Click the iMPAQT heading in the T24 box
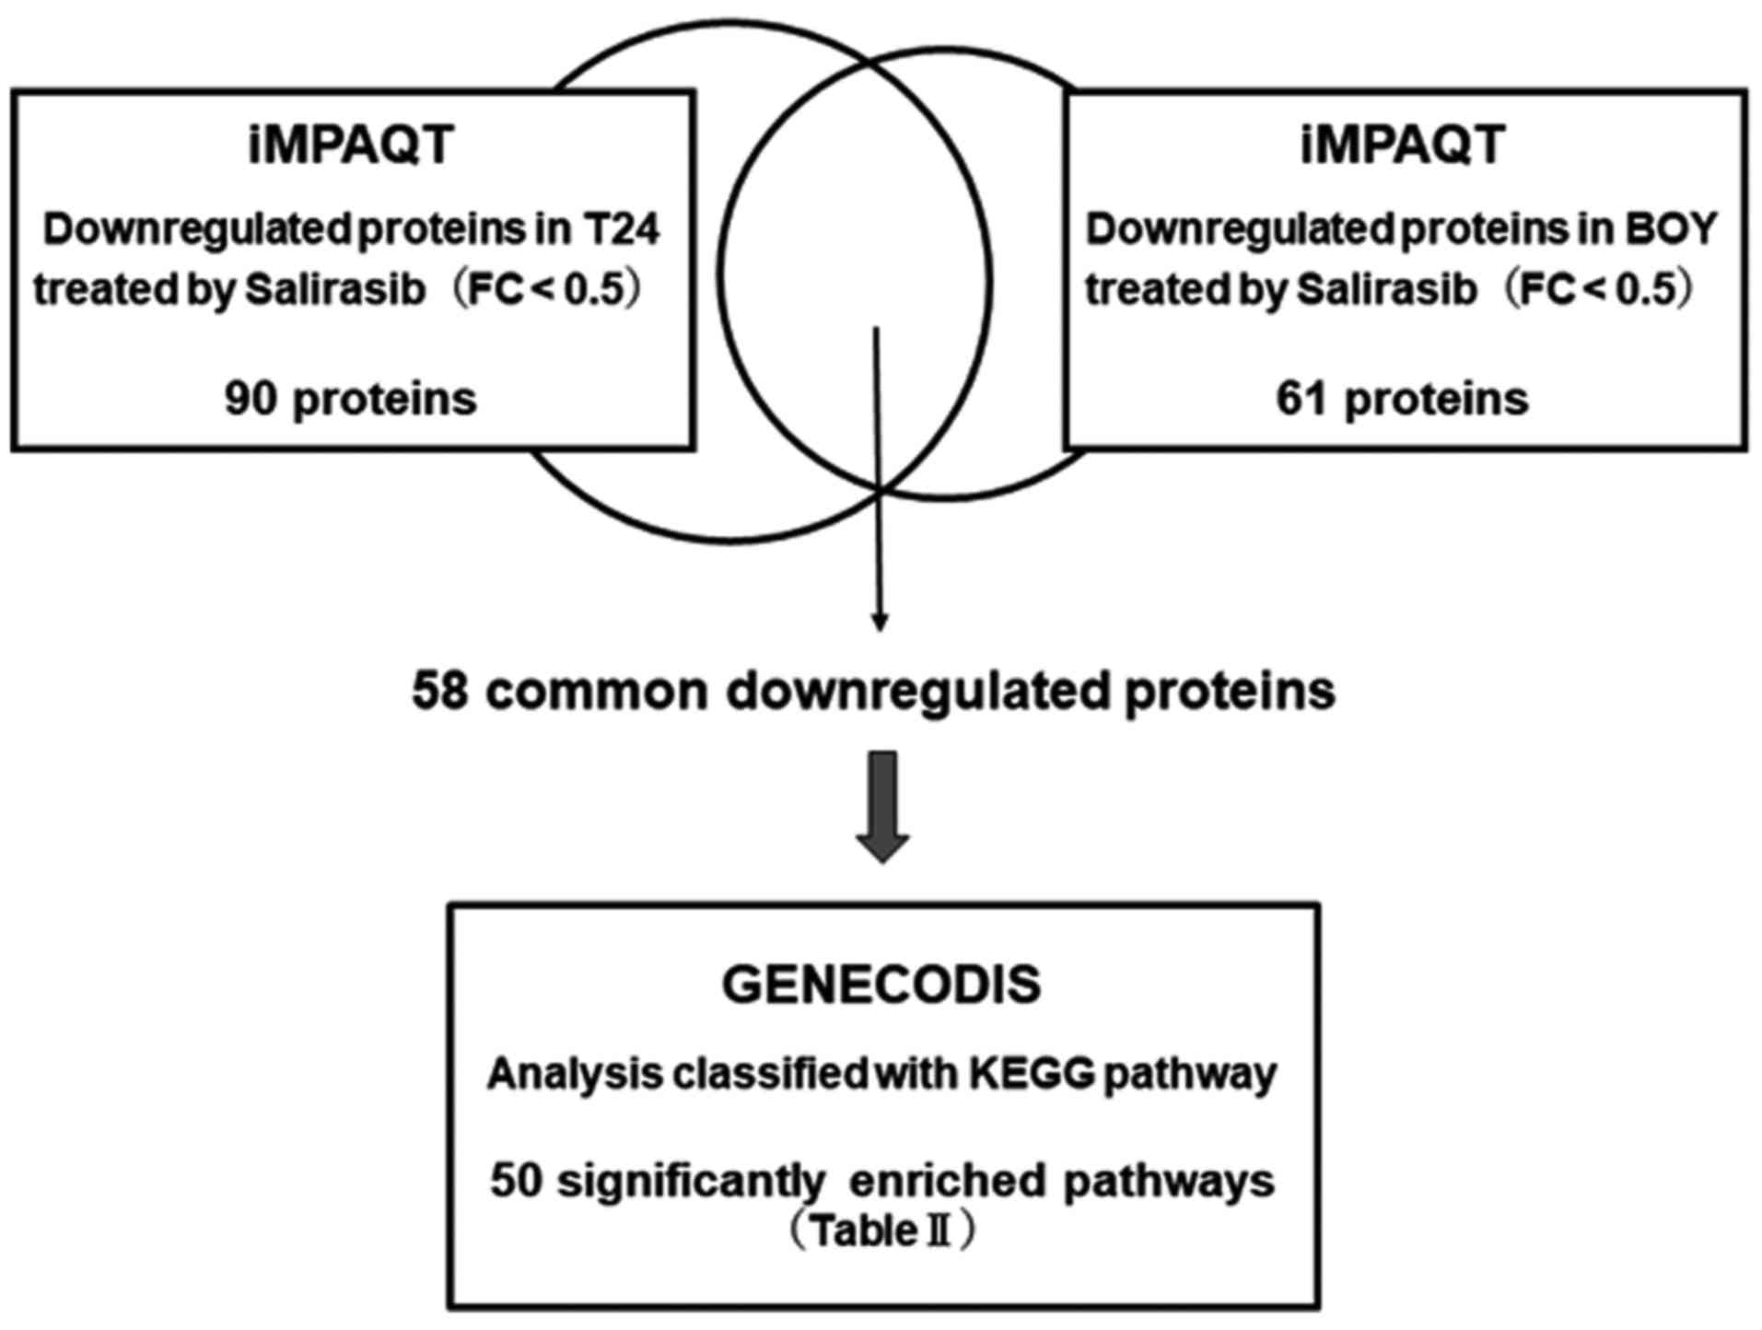[351, 145]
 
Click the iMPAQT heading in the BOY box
[1403, 145]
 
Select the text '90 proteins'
[351, 399]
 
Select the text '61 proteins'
[1402, 399]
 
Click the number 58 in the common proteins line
[442, 691]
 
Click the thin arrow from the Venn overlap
[879, 479]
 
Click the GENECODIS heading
[881, 985]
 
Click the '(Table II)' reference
[881, 1231]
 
